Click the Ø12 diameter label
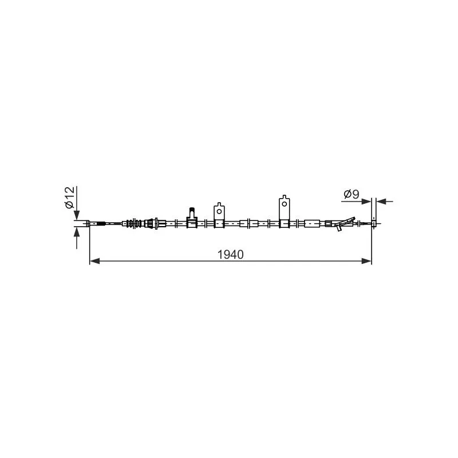(70, 198)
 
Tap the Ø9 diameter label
(352, 194)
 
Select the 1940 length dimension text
(231, 255)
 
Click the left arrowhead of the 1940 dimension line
(94, 261)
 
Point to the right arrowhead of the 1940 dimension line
(366, 261)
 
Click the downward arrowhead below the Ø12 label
(77, 215)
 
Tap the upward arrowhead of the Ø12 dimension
(77, 232)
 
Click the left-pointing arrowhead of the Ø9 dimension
(381, 202)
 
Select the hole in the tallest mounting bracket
(284, 204)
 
